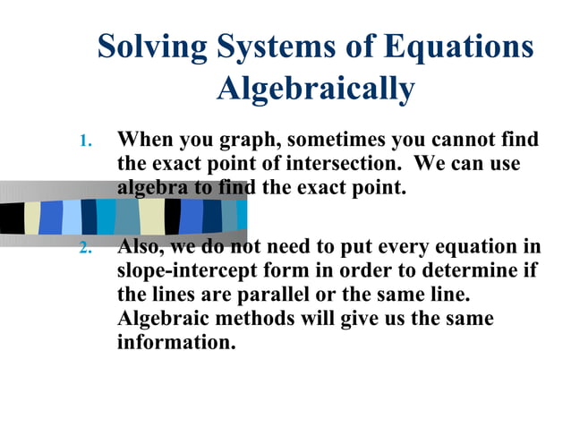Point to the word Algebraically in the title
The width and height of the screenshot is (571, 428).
(x=316, y=89)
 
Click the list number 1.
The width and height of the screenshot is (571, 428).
(x=85, y=141)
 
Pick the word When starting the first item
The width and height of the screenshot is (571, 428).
(x=145, y=141)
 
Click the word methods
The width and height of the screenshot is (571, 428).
(x=250, y=319)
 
